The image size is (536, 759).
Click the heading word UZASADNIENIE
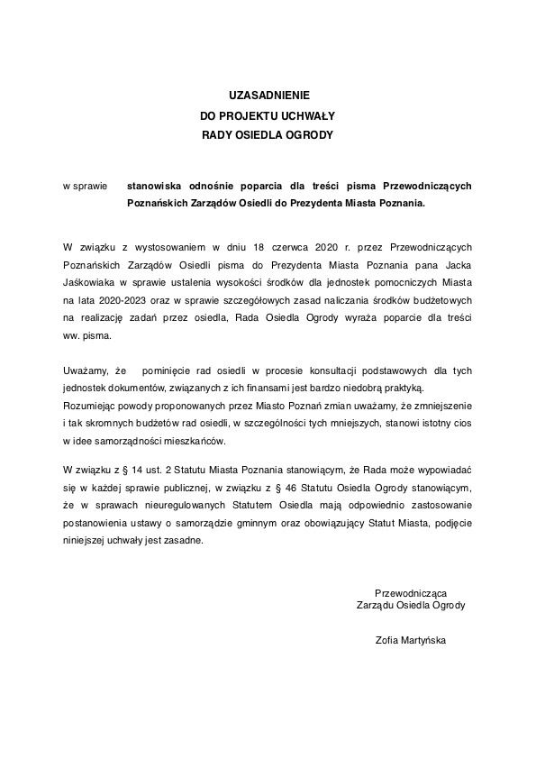pyautogui.click(x=267, y=95)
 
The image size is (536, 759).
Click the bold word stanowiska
pyautogui.click(x=159, y=186)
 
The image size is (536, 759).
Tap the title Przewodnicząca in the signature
pyautogui.click(x=411, y=592)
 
